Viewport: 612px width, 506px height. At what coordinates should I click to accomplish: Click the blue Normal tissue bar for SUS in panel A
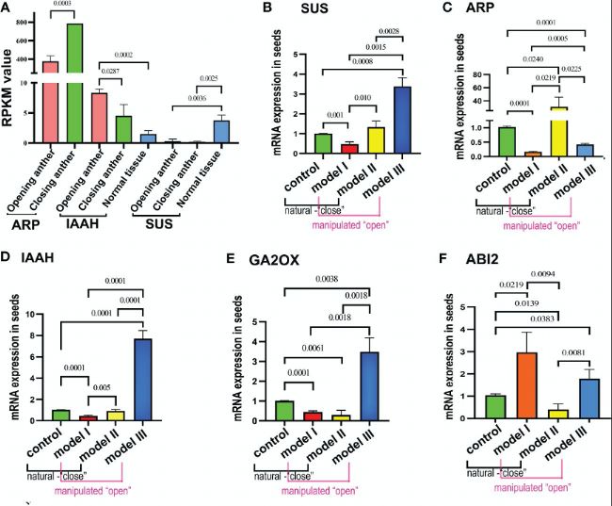[221, 132]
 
